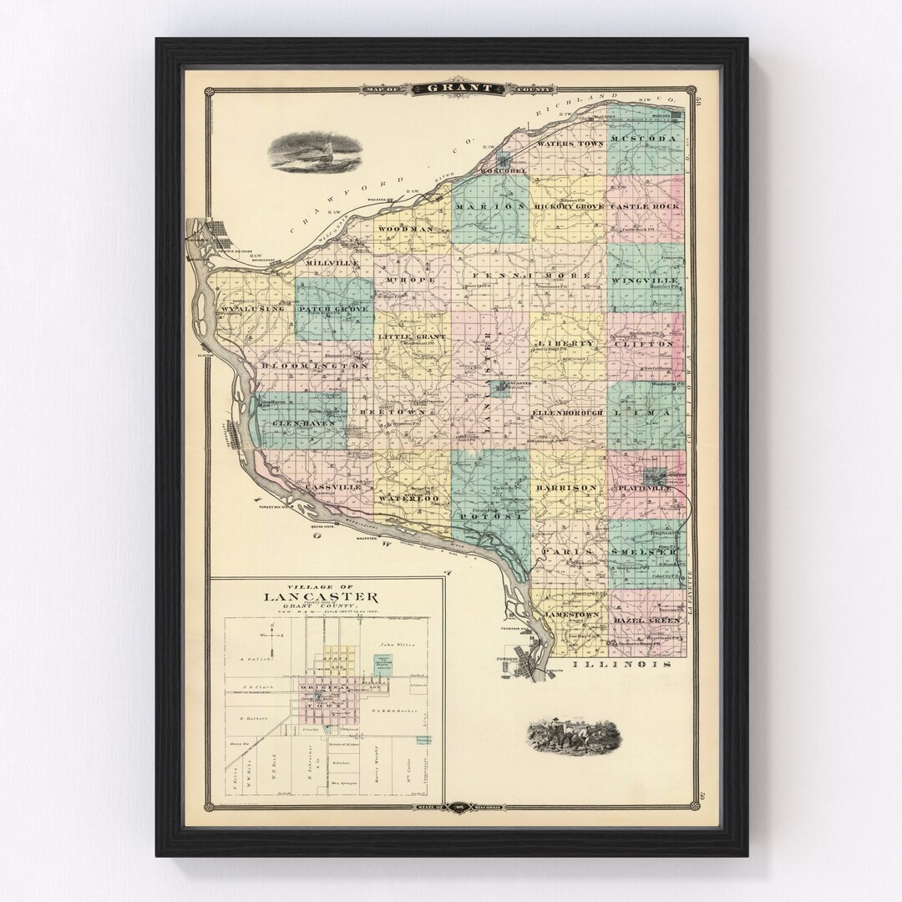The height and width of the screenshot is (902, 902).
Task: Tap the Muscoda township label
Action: click(x=646, y=138)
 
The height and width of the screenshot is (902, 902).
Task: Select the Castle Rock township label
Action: click(x=645, y=205)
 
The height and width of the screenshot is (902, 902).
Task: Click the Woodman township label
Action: click(x=405, y=228)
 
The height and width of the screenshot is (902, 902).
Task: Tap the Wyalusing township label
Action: click(x=253, y=309)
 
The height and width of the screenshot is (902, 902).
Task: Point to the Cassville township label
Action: click(x=332, y=486)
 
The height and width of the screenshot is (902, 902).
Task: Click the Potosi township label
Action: click(x=491, y=518)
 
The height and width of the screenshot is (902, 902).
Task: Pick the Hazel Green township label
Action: click(x=646, y=621)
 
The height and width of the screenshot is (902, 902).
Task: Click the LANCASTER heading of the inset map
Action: click(x=322, y=596)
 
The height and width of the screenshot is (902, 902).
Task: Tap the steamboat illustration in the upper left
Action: click(x=315, y=153)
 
